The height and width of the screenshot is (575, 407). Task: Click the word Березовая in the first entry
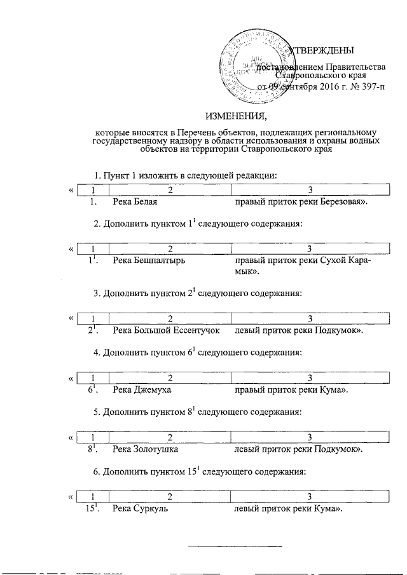tap(343, 202)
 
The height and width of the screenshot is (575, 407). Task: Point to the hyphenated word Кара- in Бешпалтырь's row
tap(360, 260)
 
